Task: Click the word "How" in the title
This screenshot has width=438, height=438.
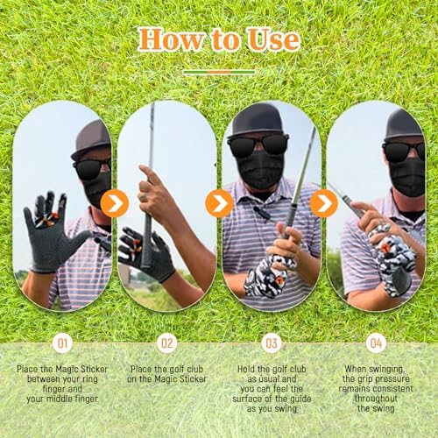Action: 171,39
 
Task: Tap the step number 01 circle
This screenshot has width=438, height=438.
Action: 62,343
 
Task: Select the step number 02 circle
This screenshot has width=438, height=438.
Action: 167,343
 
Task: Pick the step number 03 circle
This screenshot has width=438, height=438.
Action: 272,343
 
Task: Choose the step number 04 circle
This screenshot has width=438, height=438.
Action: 376,343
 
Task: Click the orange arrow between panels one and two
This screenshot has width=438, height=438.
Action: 115,203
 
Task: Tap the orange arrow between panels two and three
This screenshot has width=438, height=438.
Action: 219,203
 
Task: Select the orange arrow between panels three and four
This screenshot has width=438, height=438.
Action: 324,203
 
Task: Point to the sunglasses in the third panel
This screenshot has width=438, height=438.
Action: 258,145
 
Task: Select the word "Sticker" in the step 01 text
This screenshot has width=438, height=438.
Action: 94,369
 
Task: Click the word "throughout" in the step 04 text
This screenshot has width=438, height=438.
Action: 376,399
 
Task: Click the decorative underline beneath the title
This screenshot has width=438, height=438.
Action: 219,72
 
